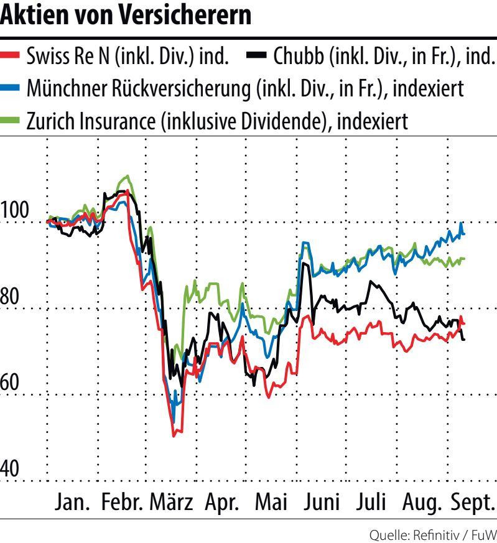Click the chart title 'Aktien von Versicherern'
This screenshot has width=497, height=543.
pos(126,16)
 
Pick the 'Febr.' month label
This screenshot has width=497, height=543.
pos(123,501)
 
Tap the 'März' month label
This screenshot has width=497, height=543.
pos(172,501)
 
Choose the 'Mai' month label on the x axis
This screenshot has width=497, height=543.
pos(271,501)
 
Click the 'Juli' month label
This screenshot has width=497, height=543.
pos(373,501)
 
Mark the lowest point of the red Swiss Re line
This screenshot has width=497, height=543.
pos(174,435)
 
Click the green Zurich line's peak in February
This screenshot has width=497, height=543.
pos(127,176)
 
